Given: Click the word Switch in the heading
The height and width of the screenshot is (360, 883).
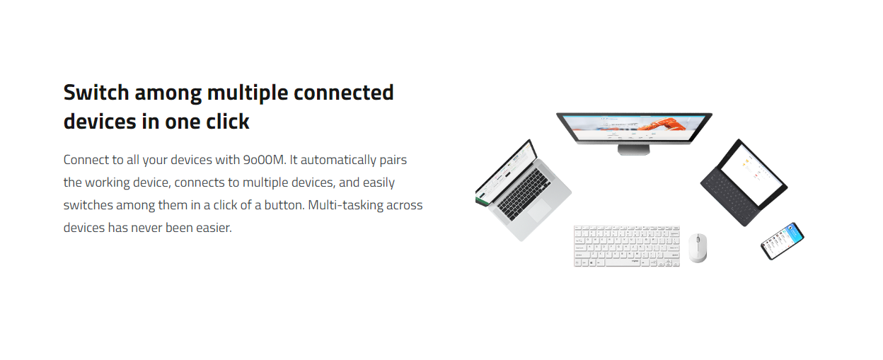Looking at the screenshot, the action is click(x=96, y=93).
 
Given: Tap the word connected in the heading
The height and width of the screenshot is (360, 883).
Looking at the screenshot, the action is click(x=343, y=93).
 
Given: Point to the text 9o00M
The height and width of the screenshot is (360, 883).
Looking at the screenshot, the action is click(x=264, y=160).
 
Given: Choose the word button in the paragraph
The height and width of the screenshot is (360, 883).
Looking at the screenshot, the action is click(x=284, y=205).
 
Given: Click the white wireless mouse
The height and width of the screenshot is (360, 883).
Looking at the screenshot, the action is click(x=698, y=248).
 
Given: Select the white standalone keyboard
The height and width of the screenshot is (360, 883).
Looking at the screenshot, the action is click(x=627, y=246).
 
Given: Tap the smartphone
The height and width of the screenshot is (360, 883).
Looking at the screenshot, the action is click(x=783, y=241).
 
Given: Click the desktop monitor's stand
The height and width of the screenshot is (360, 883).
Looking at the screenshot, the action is click(x=633, y=150).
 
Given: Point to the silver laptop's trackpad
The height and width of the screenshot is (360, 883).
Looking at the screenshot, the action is click(x=539, y=210).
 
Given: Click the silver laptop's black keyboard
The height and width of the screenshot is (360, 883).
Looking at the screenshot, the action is click(x=524, y=194).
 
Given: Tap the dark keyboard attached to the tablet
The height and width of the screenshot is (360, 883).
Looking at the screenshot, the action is click(x=730, y=198).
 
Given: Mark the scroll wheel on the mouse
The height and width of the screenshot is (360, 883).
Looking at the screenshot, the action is click(x=698, y=238).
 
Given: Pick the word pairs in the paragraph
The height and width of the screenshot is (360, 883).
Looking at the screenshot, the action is click(x=393, y=161).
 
